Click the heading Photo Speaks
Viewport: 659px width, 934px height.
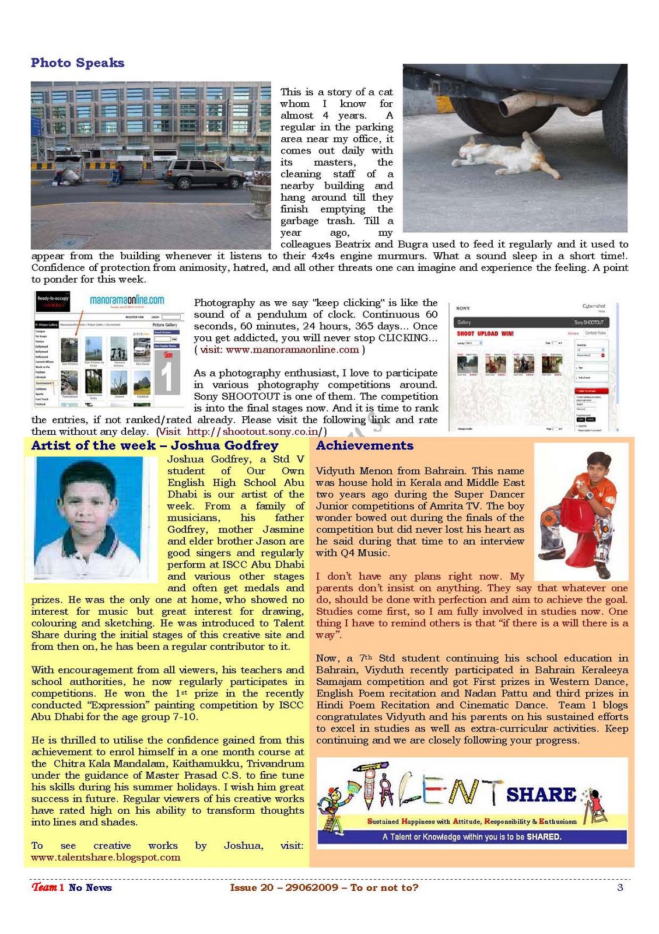tap(78, 63)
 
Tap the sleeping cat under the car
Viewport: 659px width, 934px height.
tap(507, 155)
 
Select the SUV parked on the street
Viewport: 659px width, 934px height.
tap(204, 173)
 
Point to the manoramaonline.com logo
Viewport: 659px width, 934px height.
tap(127, 300)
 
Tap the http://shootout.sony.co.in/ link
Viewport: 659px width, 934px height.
tap(254, 431)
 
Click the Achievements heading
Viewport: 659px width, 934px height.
tap(364, 445)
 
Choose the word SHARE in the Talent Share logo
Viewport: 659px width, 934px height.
tap(541, 794)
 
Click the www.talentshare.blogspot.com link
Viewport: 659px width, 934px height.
tap(106, 857)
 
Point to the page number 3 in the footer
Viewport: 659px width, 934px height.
tap(620, 887)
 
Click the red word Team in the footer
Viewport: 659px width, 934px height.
tap(44, 887)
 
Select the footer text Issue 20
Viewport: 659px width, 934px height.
tap(251, 887)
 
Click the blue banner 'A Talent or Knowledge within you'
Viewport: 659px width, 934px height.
tap(472, 837)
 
